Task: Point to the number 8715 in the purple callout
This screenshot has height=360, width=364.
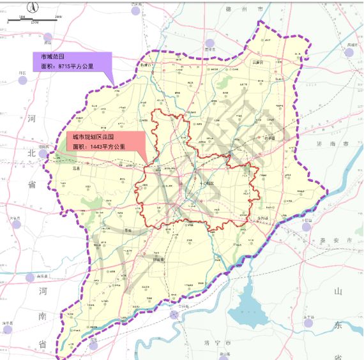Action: click(65, 66)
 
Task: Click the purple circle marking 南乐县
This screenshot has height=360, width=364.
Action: click(30, 278)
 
